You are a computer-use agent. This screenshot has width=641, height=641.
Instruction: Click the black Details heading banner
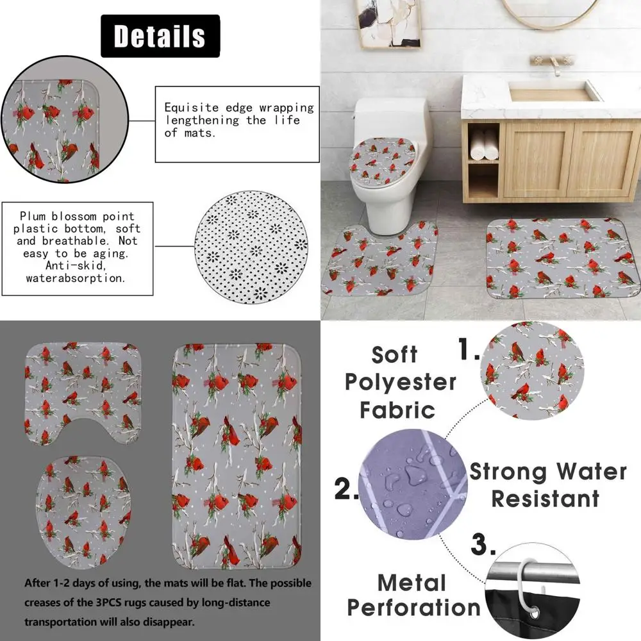[x=160, y=37]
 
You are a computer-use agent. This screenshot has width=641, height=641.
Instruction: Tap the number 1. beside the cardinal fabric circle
[x=467, y=350]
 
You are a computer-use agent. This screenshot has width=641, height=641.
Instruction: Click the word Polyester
[x=401, y=382]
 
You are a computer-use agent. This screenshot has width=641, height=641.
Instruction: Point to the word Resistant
[x=545, y=498]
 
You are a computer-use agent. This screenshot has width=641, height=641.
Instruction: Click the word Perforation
[x=413, y=607]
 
